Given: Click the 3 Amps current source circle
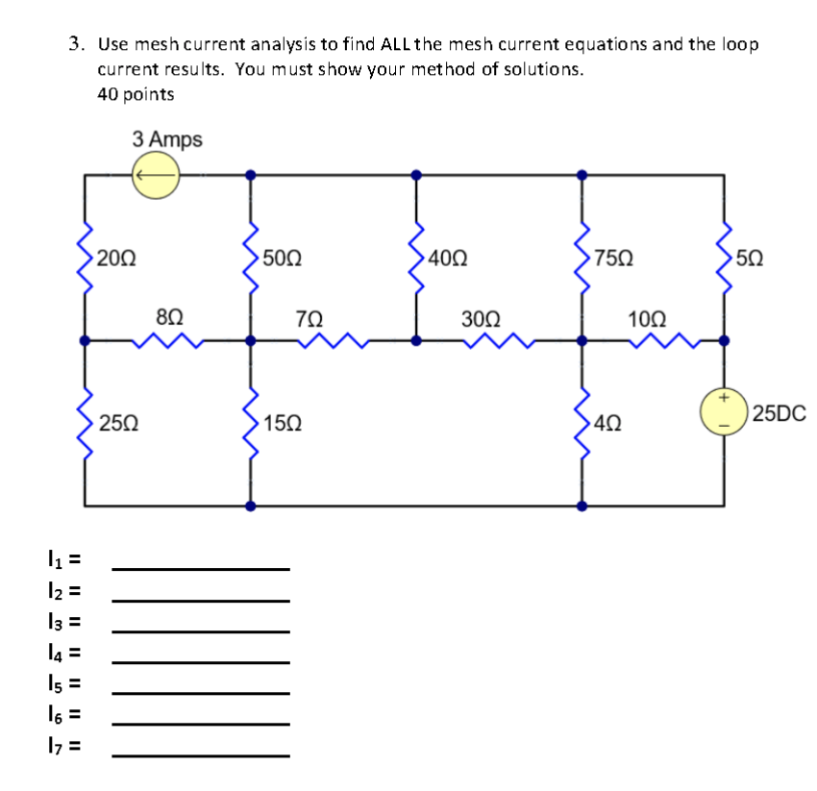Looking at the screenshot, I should point(156,176).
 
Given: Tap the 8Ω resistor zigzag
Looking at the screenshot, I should point(168,339).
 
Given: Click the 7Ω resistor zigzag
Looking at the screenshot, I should point(334,339).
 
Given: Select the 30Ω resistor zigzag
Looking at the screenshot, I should point(498,339).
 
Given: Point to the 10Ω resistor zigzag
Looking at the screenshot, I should point(663,339).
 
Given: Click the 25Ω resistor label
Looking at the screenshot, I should point(118,422).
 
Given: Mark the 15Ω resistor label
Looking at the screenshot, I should point(283,422).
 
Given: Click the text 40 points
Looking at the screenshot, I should point(136,94).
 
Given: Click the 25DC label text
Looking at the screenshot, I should point(780,414).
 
